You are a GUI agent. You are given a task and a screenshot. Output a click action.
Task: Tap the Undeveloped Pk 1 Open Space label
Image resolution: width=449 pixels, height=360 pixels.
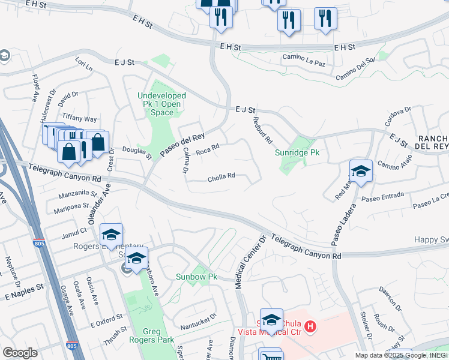coord(162,104)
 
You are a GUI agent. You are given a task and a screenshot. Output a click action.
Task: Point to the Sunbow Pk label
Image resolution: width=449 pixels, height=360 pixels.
coord(196,277)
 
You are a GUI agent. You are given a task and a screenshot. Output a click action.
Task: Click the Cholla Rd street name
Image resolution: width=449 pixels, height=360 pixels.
coord(221,177)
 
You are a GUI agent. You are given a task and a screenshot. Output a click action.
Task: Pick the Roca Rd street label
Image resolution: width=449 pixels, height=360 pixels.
coord(208,148)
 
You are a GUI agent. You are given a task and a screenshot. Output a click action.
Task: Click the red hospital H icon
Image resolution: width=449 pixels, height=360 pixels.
coord(310,326)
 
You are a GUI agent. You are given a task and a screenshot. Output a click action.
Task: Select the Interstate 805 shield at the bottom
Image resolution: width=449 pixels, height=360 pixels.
coord(72,346)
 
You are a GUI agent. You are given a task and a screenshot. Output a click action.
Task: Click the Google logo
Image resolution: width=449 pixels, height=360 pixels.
coord(20,353)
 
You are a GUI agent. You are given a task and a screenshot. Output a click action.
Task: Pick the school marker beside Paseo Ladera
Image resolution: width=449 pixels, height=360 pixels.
coord(361,171)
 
